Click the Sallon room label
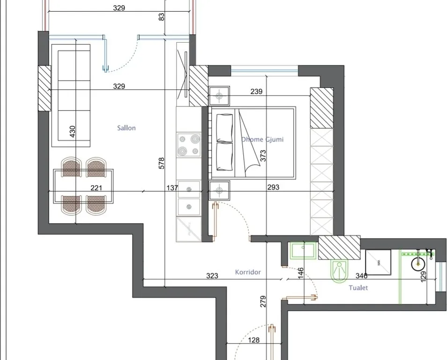click(x=127, y=128)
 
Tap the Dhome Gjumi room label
click(x=262, y=139)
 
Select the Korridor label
click(x=248, y=272)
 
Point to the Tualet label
click(x=358, y=287)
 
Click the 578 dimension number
click(x=161, y=163)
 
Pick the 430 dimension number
click(x=73, y=131)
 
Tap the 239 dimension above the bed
click(x=256, y=91)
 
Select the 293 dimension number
click(x=273, y=187)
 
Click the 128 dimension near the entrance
click(x=253, y=340)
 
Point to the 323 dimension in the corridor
click(x=212, y=276)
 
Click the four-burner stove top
click(x=189, y=145)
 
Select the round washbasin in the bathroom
click(x=418, y=264)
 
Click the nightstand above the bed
click(x=219, y=96)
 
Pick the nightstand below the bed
click(x=219, y=190)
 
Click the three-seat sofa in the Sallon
click(x=71, y=96)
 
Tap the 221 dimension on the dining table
click(x=96, y=187)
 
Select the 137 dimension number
click(x=172, y=187)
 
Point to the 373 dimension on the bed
click(x=263, y=156)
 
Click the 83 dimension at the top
click(x=161, y=17)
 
